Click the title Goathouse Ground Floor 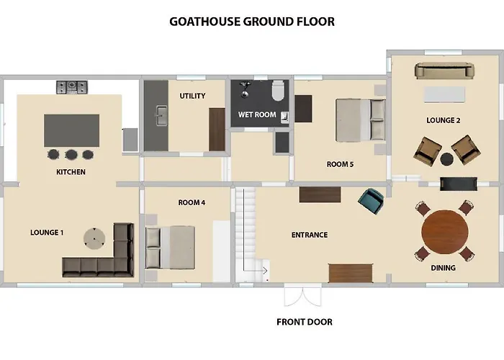[252, 22]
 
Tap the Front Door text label [304, 322]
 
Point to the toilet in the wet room [278, 91]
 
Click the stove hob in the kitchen [72, 87]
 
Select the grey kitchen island [71, 130]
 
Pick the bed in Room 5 [360, 120]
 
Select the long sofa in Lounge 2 [444, 71]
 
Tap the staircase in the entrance [248, 230]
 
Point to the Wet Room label [257, 114]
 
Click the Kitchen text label [71, 172]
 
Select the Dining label [444, 267]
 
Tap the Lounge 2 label [443, 120]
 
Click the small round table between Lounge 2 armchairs [447, 159]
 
